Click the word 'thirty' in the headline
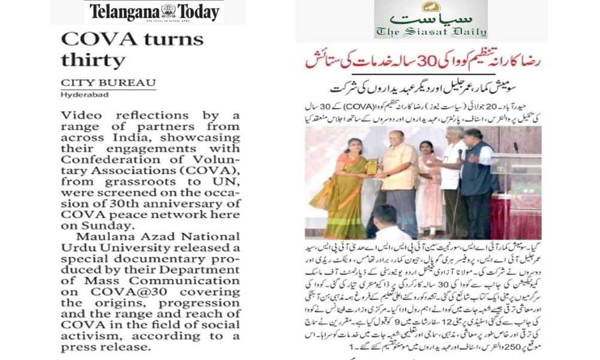pyautogui.click(x=93, y=60)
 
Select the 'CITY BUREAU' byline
pyautogui.click(x=108, y=83)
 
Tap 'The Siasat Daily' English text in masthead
pyautogui.click(x=431, y=31)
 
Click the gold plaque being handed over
pyautogui.click(x=372, y=167)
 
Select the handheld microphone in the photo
pyautogui.click(x=460, y=154)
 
